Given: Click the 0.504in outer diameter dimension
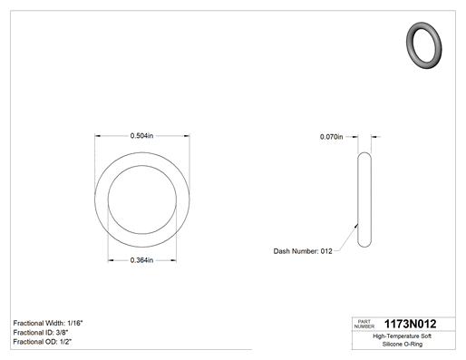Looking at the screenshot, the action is point(141,136).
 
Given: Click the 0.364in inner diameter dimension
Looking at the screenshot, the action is point(141,260).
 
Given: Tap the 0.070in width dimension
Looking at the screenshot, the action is point(332,137).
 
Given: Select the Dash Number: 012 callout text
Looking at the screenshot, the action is point(303,251).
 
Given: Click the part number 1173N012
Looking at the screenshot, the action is point(410,324).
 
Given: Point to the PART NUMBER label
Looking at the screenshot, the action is point(364,324).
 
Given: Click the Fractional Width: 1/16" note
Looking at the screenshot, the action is point(48,323).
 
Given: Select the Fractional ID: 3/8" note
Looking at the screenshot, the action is point(41,333).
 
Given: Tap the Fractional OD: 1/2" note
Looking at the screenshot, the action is point(43,342).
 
